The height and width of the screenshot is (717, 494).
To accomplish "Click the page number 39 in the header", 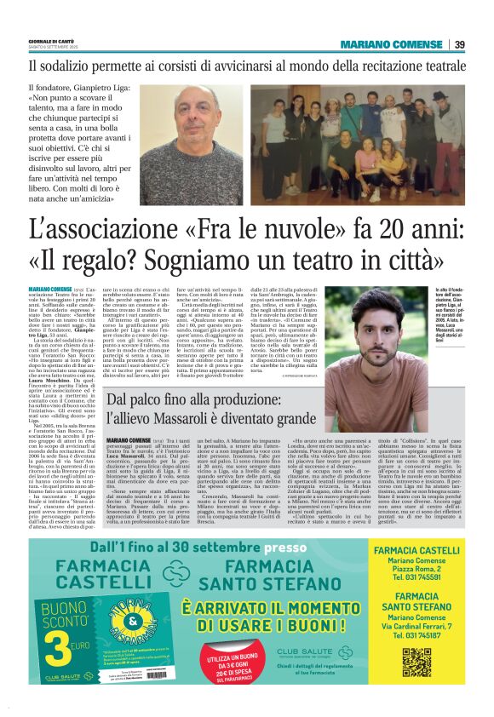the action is [459, 44].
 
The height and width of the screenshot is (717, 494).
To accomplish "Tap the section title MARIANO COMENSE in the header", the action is [392, 44].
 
